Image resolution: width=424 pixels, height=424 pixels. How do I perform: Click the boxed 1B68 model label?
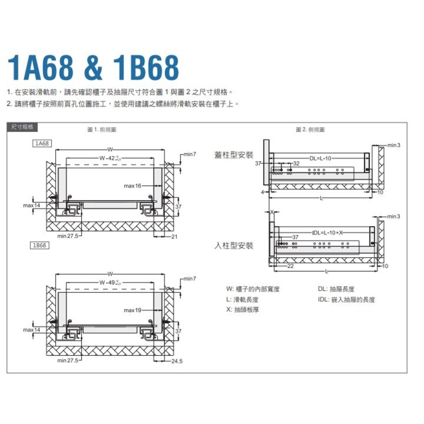pos(41,245)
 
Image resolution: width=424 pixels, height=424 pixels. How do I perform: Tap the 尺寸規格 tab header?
pos(22,127)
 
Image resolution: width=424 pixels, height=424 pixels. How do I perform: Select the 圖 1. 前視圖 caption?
pos(102,130)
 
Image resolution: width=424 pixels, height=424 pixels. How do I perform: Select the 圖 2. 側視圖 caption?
pos(310,130)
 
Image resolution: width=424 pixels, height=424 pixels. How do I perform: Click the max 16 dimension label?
pos(133,186)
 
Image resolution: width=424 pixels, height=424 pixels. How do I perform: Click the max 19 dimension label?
pos(132,311)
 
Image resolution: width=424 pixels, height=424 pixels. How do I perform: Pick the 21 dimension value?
pos(174,236)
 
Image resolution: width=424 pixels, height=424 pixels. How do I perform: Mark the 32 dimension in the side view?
pos(296,163)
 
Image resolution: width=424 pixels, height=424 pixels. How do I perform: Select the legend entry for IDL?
pos(346,300)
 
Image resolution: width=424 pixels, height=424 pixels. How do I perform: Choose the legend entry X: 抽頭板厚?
pos(243,310)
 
